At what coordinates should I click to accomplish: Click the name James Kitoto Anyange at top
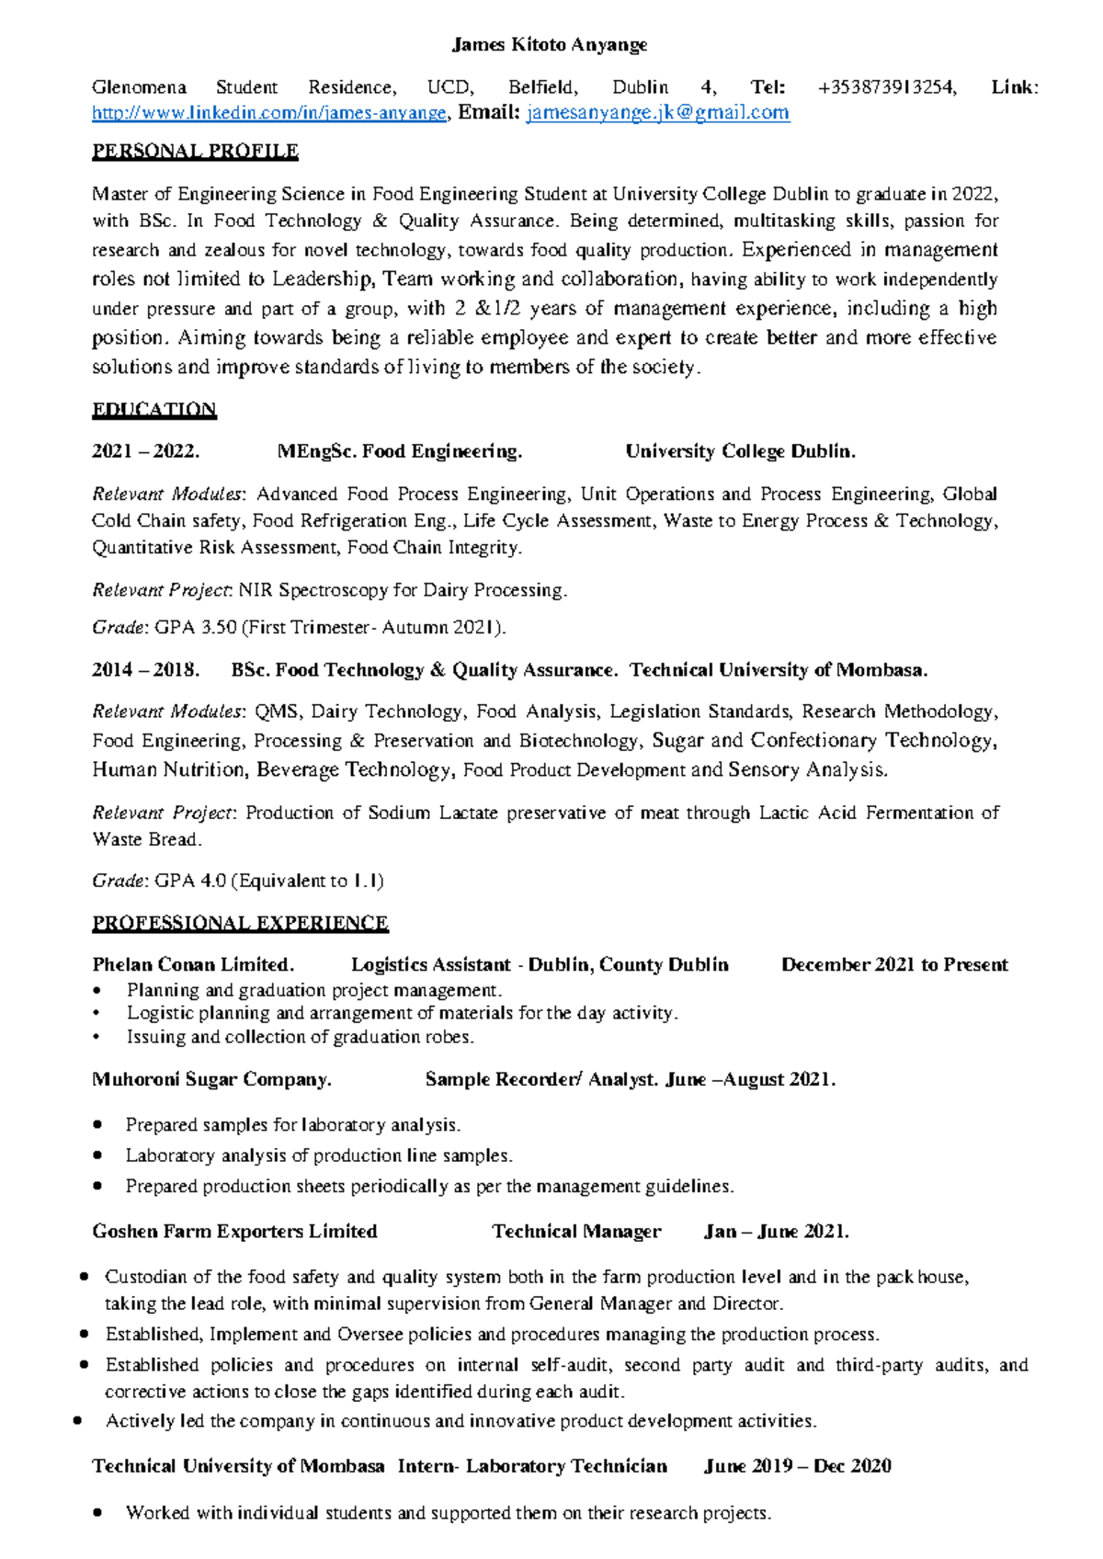pos(550,44)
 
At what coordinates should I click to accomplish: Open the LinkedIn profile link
pos(269,113)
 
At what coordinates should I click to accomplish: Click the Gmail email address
pos(657,113)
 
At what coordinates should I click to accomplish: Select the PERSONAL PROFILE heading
pos(195,151)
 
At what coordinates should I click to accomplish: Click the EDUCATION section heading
pos(154,409)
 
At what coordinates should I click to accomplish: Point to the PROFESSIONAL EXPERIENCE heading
pos(240,922)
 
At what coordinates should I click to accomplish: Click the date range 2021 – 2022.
pos(145,451)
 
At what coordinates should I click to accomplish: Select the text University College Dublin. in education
pos(740,451)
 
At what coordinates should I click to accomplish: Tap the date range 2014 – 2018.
pos(145,670)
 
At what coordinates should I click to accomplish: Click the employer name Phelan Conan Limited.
pos(193,964)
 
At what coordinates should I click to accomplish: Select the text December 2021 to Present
pos(894,964)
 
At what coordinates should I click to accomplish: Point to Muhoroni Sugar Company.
pos(211,1079)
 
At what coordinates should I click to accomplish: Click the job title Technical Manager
pos(576,1231)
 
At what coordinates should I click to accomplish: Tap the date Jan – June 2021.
pos(776,1231)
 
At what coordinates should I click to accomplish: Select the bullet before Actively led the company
pos(78,1421)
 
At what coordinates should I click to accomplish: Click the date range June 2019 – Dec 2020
pos(797,1465)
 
